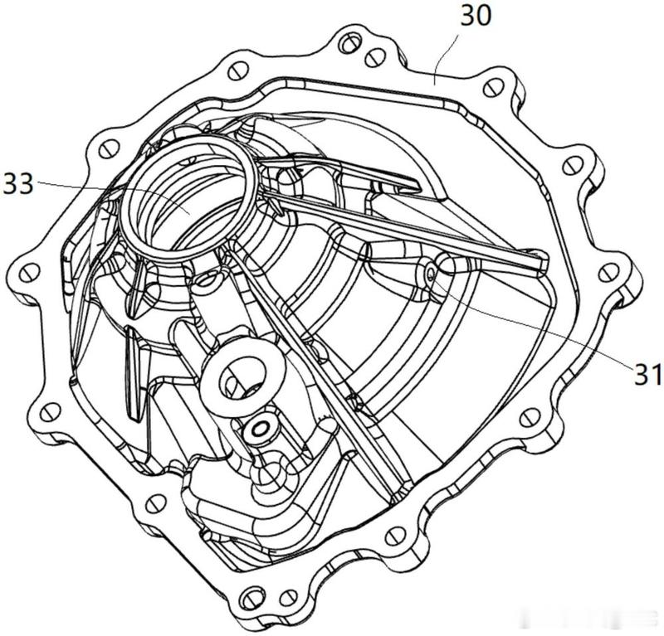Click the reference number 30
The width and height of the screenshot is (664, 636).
pyautogui.click(x=476, y=15)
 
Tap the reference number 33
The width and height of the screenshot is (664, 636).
pyautogui.click(x=17, y=184)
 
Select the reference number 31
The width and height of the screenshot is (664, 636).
pyautogui.click(x=647, y=374)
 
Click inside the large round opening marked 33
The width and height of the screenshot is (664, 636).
pyautogui.click(x=186, y=199)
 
